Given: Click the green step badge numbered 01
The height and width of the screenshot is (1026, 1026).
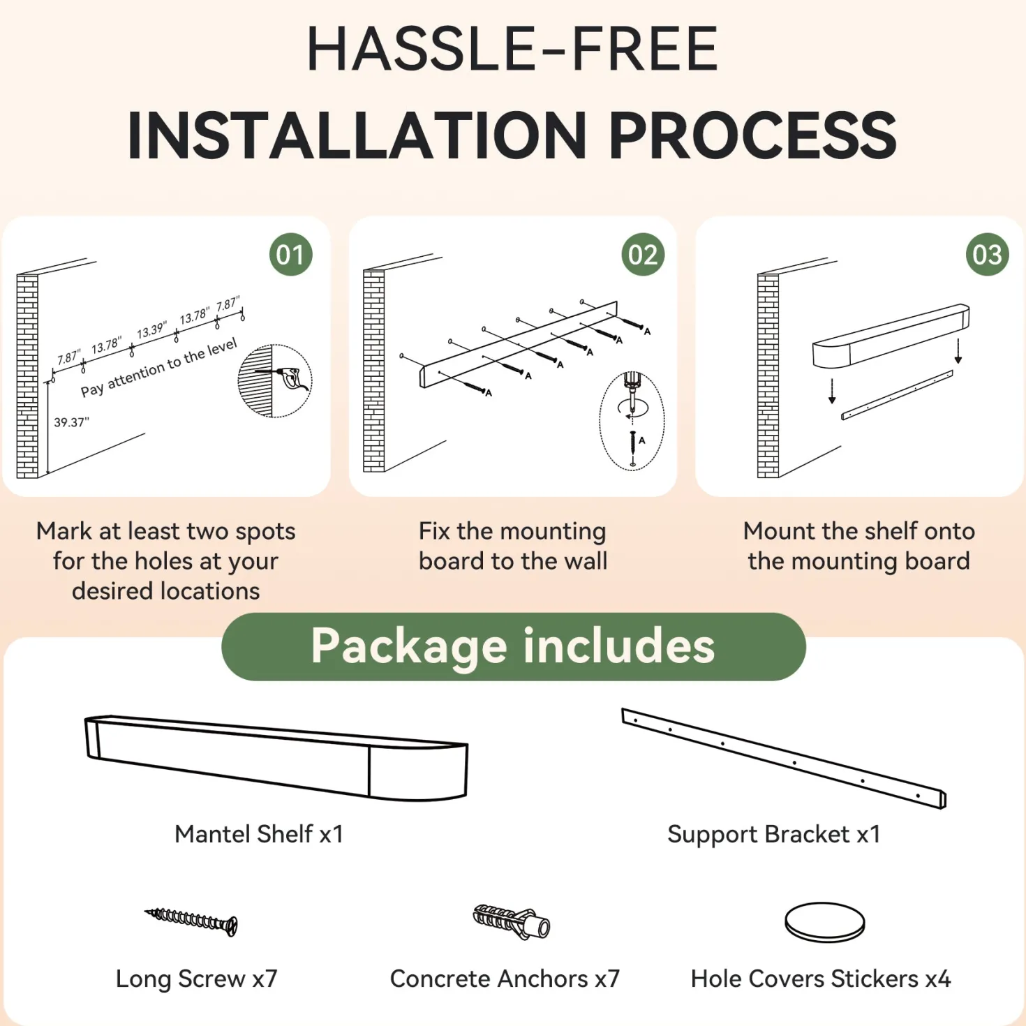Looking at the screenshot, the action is click(x=291, y=255).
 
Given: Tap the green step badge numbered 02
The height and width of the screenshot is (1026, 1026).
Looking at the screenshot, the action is click(x=643, y=255).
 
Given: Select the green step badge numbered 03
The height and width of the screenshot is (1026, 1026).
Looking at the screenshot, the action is click(x=987, y=255).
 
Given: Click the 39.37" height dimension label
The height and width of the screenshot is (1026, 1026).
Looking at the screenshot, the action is click(x=71, y=422).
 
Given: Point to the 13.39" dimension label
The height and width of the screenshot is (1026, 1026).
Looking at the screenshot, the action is click(x=152, y=330).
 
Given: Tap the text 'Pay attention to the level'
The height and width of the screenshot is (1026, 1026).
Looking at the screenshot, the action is click(x=158, y=367).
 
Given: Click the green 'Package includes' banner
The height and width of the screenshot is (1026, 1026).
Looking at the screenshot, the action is click(x=513, y=646).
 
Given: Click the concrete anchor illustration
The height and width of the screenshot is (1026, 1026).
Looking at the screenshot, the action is click(x=511, y=921).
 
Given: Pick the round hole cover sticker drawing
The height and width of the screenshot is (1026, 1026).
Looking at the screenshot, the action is click(x=825, y=922).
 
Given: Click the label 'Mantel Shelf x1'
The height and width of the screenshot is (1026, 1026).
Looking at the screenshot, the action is click(x=259, y=834).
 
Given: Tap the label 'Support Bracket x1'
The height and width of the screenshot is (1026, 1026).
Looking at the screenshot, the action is click(x=773, y=834).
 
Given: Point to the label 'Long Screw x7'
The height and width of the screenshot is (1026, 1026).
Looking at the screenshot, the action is click(x=196, y=979).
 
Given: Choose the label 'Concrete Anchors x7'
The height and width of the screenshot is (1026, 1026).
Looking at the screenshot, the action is click(x=505, y=979).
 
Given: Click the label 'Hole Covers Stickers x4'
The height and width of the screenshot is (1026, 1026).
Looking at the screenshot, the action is click(x=821, y=979).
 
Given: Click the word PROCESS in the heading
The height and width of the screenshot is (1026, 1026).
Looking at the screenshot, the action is click(x=753, y=135).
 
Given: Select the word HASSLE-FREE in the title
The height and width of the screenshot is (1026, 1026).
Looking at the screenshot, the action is click(x=512, y=48).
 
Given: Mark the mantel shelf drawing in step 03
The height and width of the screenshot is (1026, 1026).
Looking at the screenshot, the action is click(x=891, y=336).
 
